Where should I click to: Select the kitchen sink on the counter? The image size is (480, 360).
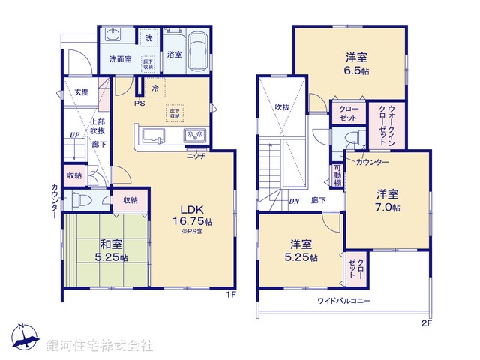(x=153, y=136)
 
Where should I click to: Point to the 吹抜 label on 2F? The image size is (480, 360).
(x=282, y=106)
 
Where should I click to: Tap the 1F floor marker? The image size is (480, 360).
(x=232, y=294)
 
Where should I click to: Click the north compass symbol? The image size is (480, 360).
(x=23, y=339)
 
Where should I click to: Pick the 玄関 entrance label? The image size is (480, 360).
(x=81, y=92)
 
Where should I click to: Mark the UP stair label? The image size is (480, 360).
(x=74, y=135)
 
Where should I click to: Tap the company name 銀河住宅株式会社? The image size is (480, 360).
(x=100, y=345)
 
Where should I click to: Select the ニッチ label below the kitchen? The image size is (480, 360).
(x=197, y=156)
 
